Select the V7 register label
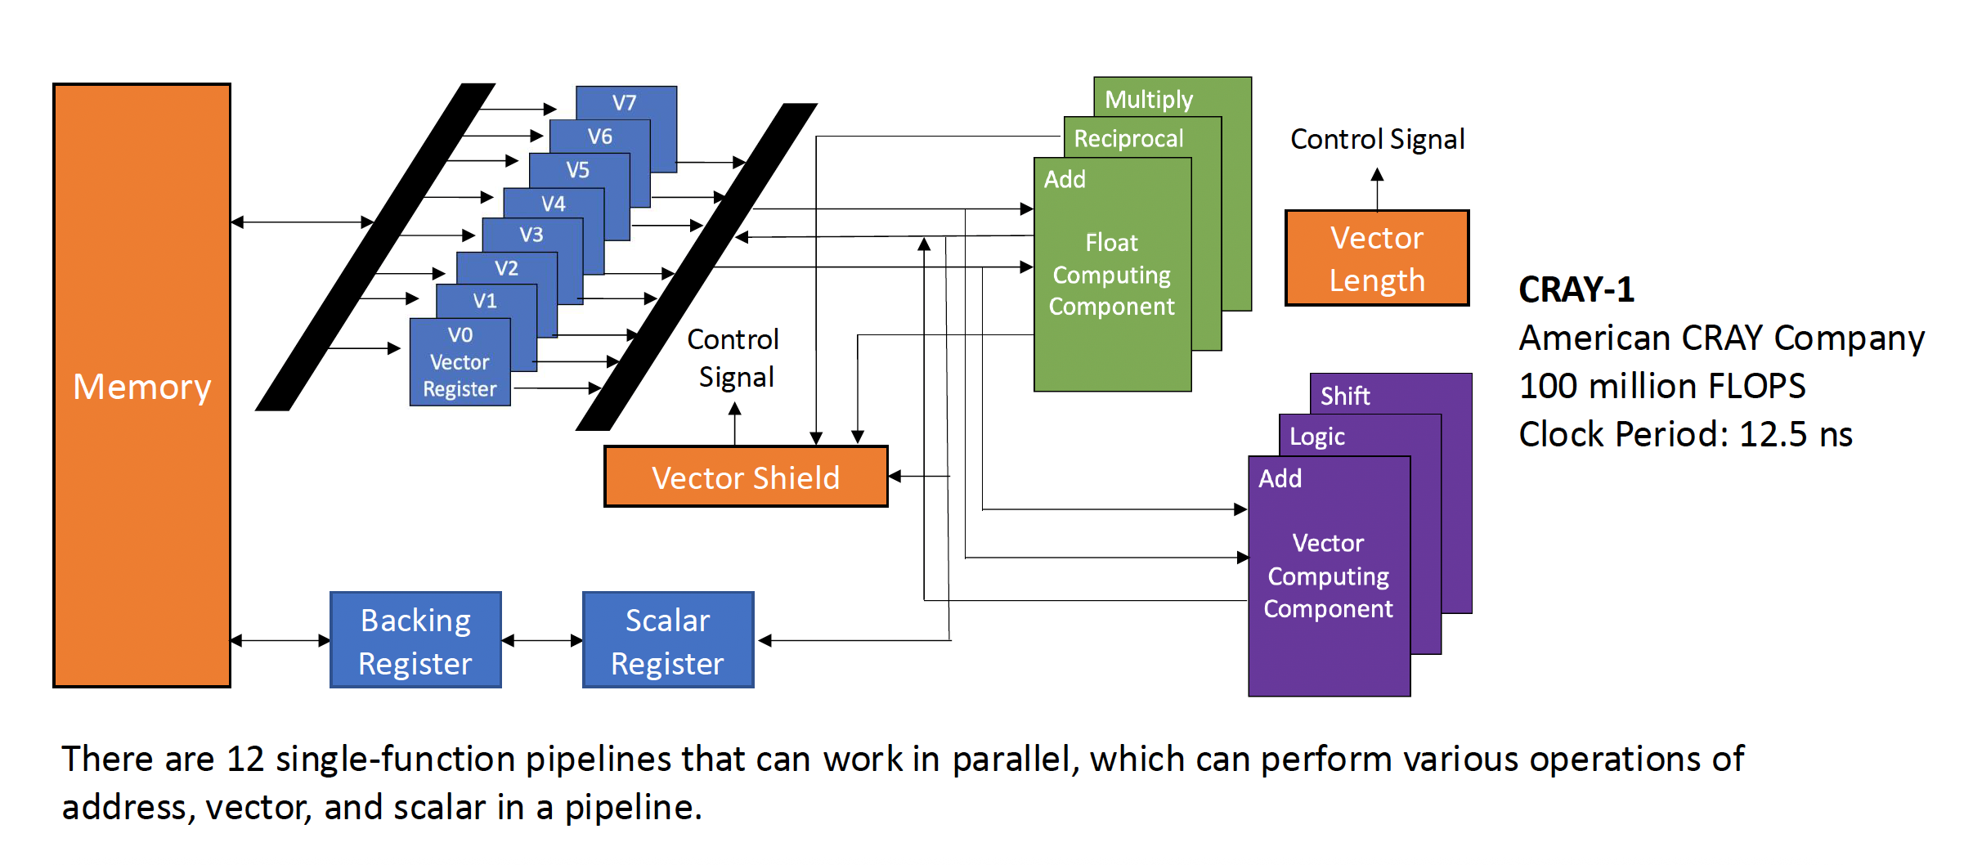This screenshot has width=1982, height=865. (x=625, y=103)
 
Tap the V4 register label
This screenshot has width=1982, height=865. (x=554, y=204)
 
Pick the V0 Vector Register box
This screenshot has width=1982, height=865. (x=460, y=362)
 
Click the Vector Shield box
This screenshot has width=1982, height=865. (x=746, y=477)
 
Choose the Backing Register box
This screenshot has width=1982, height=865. (x=415, y=641)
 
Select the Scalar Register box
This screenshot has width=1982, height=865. (x=667, y=641)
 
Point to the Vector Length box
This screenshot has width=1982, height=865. (x=1377, y=258)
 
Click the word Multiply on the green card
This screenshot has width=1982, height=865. (x=1149, y=100)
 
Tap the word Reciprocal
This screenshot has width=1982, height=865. (x=1128, y=139)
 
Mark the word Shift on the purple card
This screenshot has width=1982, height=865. (x=1345, y=397)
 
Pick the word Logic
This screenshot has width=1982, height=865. (x=1316, y=437)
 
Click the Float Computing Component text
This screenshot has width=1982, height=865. (x=1111, y=275)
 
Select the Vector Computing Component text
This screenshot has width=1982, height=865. (x=1328, y=576)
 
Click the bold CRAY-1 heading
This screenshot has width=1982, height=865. (x=1576, y=289)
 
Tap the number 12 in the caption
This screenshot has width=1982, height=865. (x=245, y=760)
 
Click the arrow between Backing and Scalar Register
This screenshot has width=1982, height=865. (x=542, y=641)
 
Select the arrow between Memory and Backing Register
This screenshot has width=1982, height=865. (x=280, y=641)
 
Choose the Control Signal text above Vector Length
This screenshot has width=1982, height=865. (x=1377, y=140)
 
